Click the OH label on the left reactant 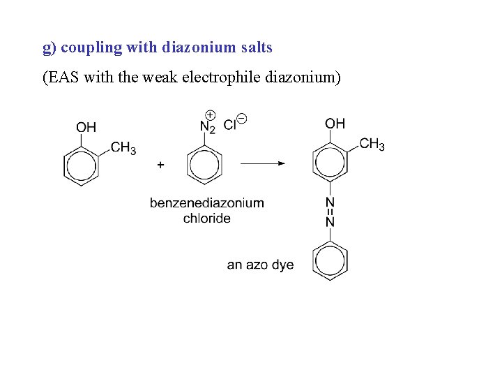[x=86, y=127]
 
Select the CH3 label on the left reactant [x=123, y=147]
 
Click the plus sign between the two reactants [x=160, y=165]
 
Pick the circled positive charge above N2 [x=210, y=114]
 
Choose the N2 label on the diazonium [x=207, y=127]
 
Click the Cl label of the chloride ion [x=229, y=126]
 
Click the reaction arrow [x=263, y=163]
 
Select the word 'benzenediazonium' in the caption [x=207, y=203]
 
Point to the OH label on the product [x=335, y=124]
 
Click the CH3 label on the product [x=372, y=145]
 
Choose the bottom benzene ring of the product [x=330, y=260]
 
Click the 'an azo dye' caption [x=260, y=265]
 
